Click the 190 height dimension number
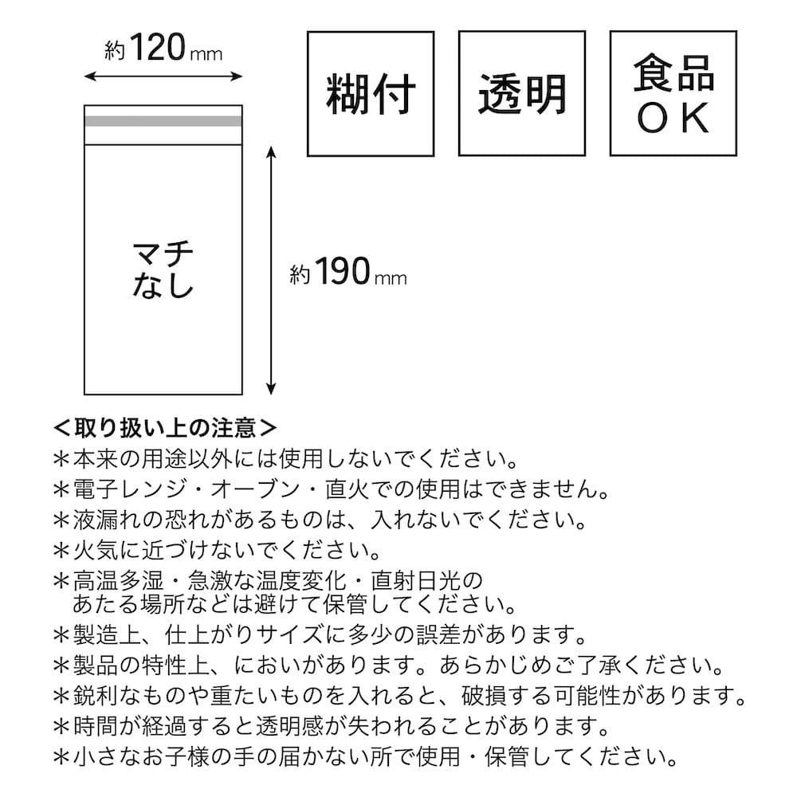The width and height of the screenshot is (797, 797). (343, 272)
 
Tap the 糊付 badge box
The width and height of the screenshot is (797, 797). (371, 93)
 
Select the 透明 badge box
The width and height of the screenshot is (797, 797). (522, 93)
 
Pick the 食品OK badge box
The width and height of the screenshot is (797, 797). (673, 93)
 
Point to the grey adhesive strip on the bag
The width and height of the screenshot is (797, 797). (163, 121)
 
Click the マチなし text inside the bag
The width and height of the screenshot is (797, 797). (163, 269)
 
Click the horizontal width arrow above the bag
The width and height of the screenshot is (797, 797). (163, 77)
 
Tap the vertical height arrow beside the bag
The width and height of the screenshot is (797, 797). (272, 270)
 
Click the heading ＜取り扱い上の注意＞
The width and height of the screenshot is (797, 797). (165, 427)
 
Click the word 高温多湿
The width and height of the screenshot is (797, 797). (119, 580)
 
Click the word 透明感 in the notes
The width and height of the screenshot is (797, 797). (289, 726)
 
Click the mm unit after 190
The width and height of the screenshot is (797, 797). (391, 278)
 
